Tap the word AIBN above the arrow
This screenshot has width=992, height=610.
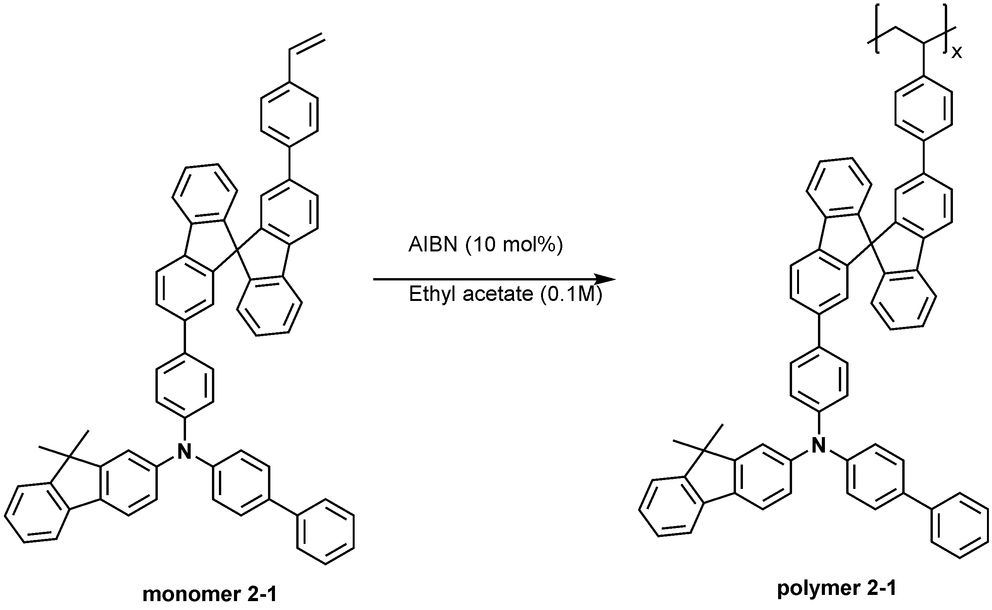click(x=433, y=244)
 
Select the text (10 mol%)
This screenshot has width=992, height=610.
click(x=514, y=245)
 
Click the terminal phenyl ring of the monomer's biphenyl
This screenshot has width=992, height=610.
click(x=325, y=532)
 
